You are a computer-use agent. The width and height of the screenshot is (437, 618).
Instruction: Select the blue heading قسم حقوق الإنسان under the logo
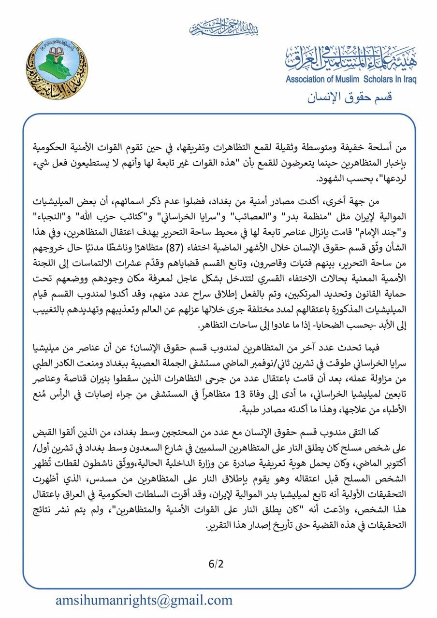(350, 97)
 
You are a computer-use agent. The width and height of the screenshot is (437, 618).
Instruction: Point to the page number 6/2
(217, 563)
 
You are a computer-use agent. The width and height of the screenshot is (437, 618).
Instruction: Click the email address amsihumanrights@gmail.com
(144, 600)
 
